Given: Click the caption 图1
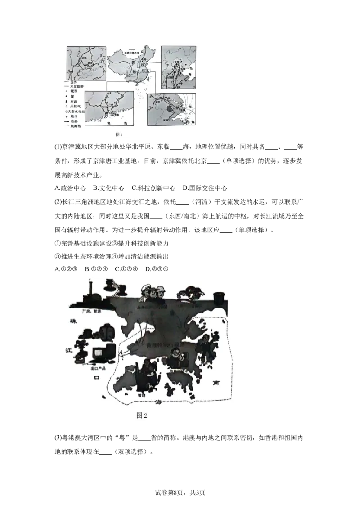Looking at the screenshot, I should [x=119, y=134].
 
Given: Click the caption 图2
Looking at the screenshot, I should [x=142, y=415].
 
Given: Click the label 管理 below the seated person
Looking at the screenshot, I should [x=143, y=394].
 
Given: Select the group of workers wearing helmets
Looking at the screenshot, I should [x=153, y=295].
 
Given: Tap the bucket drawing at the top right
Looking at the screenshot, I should [x=219, y=298].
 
